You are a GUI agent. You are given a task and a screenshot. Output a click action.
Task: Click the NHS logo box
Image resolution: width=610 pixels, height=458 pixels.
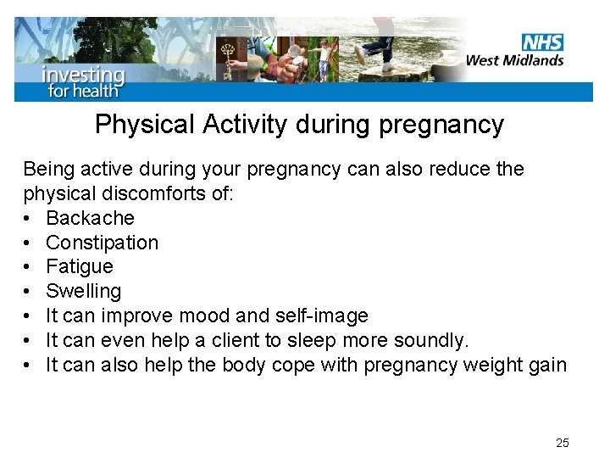pyautogui.click(x=542, y=42)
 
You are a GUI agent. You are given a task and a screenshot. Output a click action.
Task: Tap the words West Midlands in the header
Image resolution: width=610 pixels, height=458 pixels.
pyautogui.click(x=515, y=60)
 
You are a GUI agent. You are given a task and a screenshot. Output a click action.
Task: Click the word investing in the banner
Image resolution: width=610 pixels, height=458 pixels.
pyautogui.click(x=83, y=74)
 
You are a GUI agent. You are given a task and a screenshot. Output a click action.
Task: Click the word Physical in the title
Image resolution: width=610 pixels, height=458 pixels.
pyautogui.click(x=145, y=125)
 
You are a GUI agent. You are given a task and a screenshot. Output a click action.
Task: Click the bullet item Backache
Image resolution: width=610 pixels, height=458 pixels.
pyautogui.click(x=90, y=218)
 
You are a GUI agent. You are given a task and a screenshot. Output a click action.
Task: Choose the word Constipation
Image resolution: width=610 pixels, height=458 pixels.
pyautogui.click(x=102, y=243)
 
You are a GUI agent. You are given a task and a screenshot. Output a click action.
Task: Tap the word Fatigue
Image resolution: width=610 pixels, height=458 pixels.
pyautogui.click(x=79, y=267)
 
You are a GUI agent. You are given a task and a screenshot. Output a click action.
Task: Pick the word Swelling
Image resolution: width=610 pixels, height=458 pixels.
pyautogui.click(x=83, y=292)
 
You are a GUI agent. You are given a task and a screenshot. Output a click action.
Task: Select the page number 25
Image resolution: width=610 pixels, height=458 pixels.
pyautogui.click(x=562, y=443)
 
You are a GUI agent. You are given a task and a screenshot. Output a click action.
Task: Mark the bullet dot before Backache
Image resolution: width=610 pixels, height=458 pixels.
pyautogui.click(x=28, y=218)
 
